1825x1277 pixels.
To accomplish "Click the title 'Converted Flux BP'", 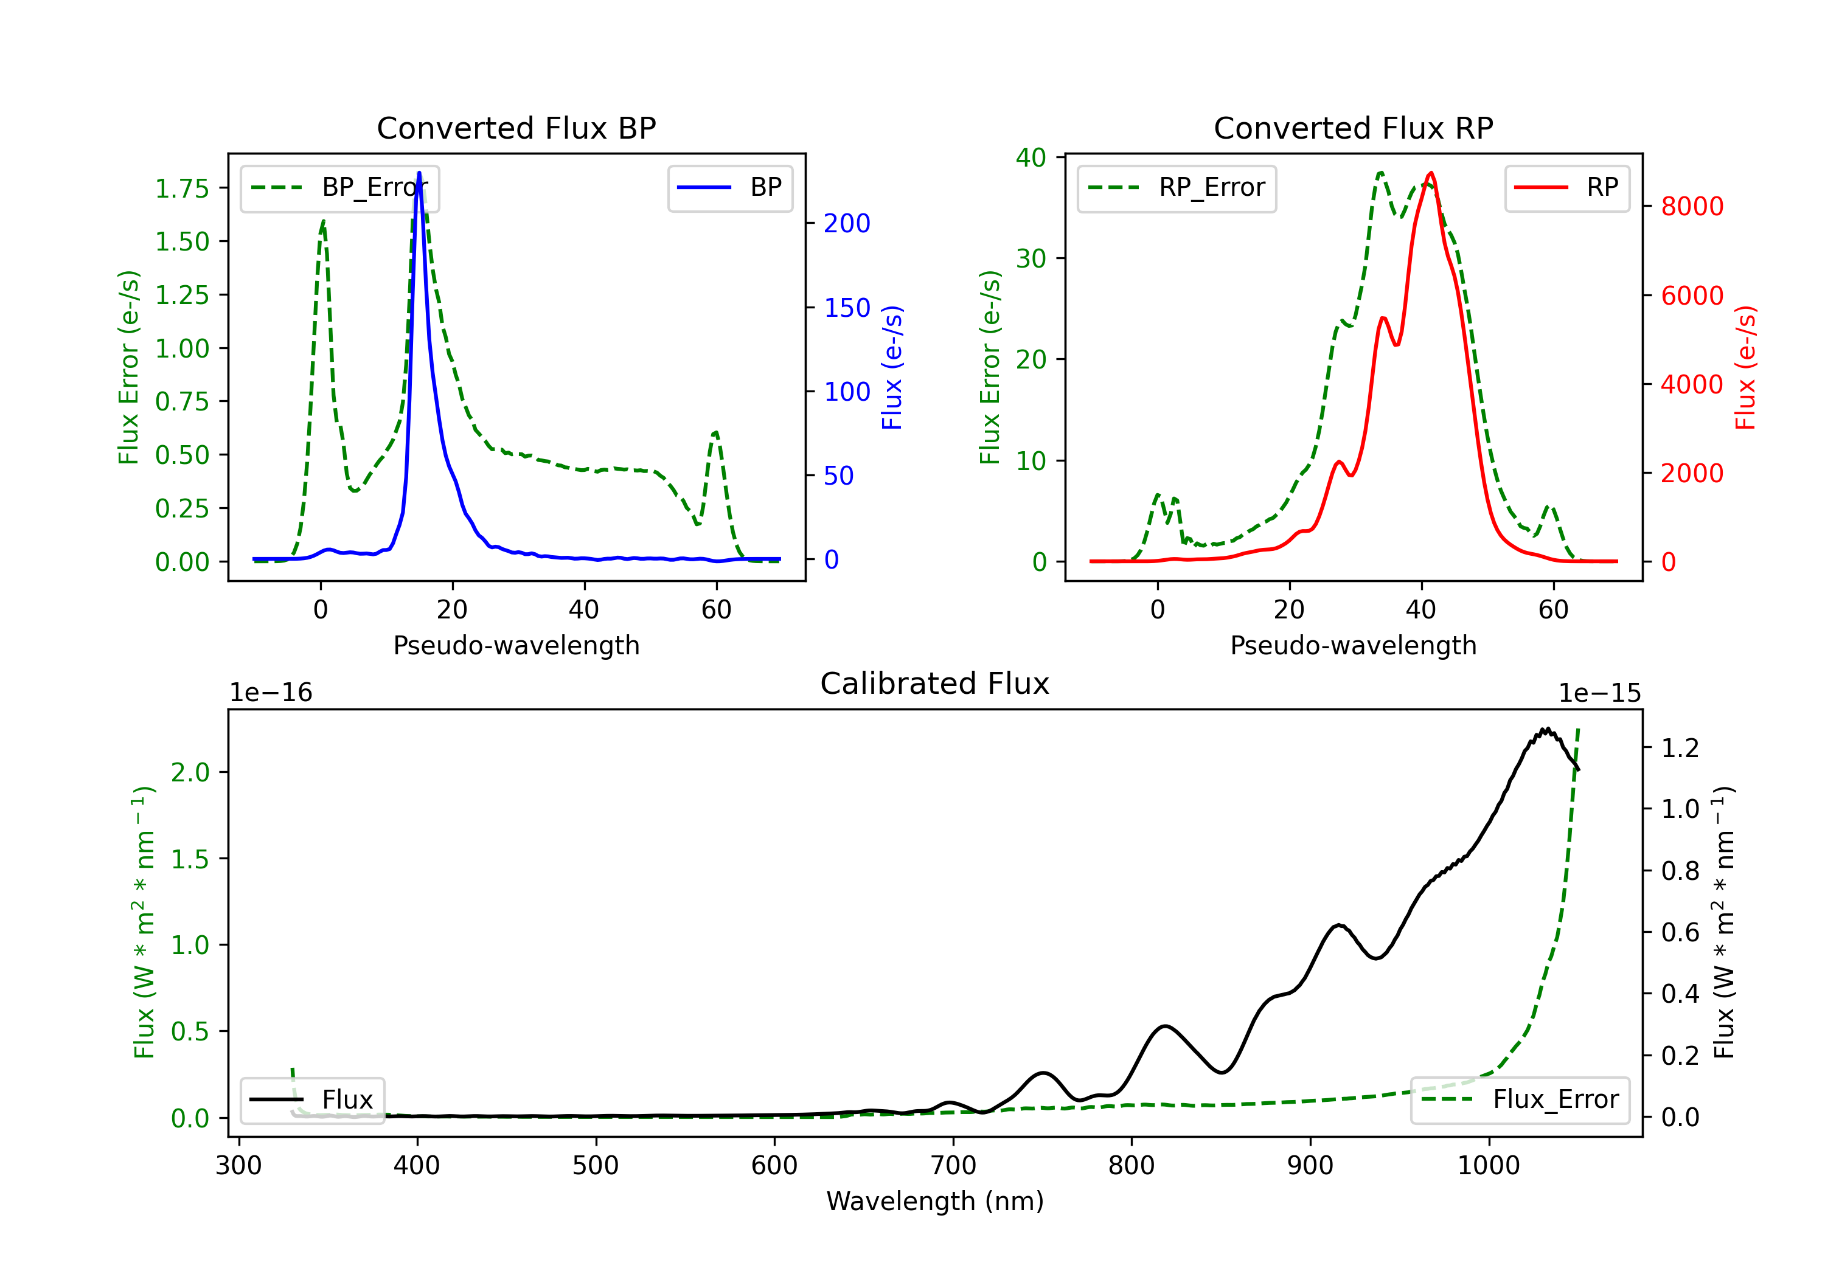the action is point(516,128).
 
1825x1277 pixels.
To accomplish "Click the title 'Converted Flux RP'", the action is point(1353,128).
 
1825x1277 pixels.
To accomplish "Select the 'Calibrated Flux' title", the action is point(935,683).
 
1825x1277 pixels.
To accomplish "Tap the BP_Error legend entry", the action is point(339,187).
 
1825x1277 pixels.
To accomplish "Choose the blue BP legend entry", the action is point(729,187).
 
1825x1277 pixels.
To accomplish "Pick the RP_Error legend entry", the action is point(1177,187).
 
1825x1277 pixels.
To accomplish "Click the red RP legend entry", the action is point(1566,187).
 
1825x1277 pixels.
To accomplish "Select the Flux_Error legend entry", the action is point(1520,1100).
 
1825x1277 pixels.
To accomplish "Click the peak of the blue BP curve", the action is point(419,173).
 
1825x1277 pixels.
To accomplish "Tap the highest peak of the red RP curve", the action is point(1431,173).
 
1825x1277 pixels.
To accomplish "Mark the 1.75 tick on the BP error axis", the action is point(182,189).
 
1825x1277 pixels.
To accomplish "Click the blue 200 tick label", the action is point(847,223).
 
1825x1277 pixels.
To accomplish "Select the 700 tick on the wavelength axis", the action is point(953,1166).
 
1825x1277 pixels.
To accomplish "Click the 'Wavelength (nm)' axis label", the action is point(935,1201).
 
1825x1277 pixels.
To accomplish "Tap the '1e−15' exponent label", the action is point(1599,693).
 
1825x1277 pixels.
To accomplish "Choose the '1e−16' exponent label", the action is point(271,693).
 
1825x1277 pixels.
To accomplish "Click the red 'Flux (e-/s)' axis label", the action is point(1745,367).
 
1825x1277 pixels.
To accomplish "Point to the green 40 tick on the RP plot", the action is point(1031,157).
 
